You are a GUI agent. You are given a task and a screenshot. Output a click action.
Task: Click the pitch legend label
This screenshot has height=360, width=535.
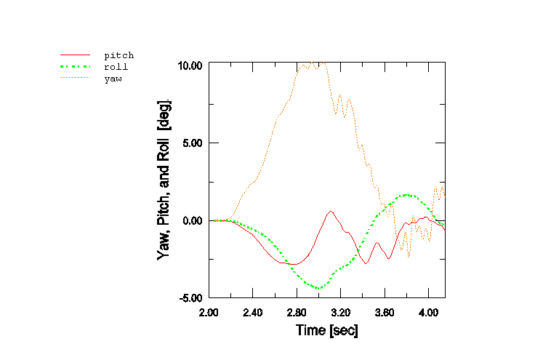pos(118,55)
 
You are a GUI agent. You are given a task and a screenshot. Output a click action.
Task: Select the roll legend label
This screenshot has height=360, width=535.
pos(116,66)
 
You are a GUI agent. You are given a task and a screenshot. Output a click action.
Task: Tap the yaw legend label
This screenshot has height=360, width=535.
pos(113,78)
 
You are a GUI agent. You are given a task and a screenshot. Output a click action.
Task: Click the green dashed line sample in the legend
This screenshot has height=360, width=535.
pos(75,66)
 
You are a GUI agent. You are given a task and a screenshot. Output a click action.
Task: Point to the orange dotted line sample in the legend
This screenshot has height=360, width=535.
pos(75,78)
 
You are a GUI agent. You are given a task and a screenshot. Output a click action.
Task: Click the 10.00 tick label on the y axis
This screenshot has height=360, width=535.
pos(190,65)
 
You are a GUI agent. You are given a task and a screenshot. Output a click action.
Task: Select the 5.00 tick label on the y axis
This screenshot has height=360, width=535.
pos(193,143)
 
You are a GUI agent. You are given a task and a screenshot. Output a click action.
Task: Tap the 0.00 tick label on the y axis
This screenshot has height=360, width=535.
pos(193,220)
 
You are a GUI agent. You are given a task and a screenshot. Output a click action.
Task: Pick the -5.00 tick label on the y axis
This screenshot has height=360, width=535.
pos(190,297)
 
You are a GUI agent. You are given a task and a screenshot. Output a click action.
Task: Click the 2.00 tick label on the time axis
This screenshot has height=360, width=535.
pos(209,311)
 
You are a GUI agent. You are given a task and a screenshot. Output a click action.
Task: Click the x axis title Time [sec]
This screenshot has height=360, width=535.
pos(326,330)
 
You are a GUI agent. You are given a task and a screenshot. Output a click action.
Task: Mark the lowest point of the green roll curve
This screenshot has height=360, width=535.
pos(318,288)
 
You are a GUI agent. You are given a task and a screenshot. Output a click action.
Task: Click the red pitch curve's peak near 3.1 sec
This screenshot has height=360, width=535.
pos(331,212)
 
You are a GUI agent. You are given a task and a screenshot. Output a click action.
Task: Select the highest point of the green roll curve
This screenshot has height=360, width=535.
pos(408,195)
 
